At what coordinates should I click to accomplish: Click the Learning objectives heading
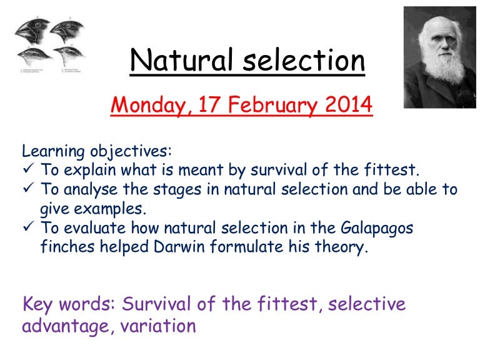[96, 151]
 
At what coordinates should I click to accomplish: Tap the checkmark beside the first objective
[28, 170]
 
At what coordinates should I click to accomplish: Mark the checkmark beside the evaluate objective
[28, 227]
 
